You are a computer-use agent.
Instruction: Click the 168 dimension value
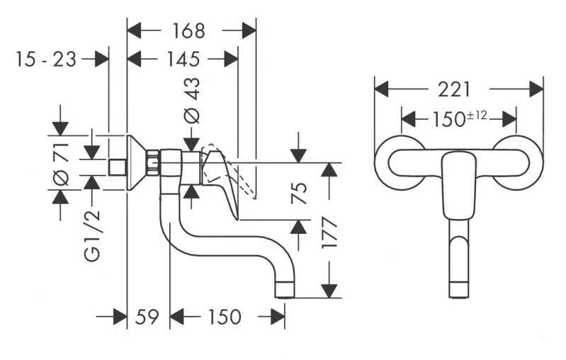click(188, 31)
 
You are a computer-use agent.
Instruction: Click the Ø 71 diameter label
click(61, 163)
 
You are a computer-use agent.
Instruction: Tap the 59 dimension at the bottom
click(147, 316)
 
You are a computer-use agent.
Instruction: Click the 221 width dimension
click(454, 89)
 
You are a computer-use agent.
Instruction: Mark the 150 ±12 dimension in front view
click(458, 117)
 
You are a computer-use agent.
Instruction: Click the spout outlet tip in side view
click(285, 290)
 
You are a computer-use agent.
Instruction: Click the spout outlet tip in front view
click(458, 289)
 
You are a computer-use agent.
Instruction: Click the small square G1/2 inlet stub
click(118, 167)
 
